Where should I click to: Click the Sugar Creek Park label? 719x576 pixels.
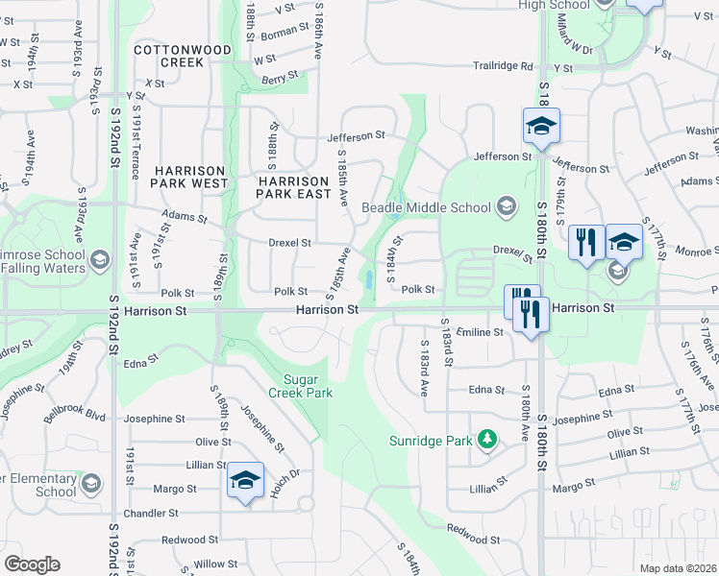(x=308, y=386)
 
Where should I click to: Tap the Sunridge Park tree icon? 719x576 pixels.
(x=488, y=440)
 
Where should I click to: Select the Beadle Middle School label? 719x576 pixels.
(x=427, y=207)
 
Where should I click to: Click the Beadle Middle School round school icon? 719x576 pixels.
(x=506, y=206)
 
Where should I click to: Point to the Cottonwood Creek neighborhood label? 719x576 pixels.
(x=183, y=56)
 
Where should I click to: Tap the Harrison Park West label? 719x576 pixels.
(x=189, y=176)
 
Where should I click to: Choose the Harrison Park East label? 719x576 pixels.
(x=294, y=186)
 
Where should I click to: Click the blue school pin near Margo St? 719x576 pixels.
(x=246, y=481)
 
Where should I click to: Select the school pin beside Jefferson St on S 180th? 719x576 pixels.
(x=541, y=126)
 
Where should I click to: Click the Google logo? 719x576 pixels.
(x=32, y=564)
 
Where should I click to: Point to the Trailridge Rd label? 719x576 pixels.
(x=502, y=66)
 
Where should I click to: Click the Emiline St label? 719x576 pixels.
(x=481, y=331)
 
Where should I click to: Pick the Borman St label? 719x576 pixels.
(x=284, y=33)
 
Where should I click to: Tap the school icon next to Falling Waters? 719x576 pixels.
(x=99, y=260)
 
